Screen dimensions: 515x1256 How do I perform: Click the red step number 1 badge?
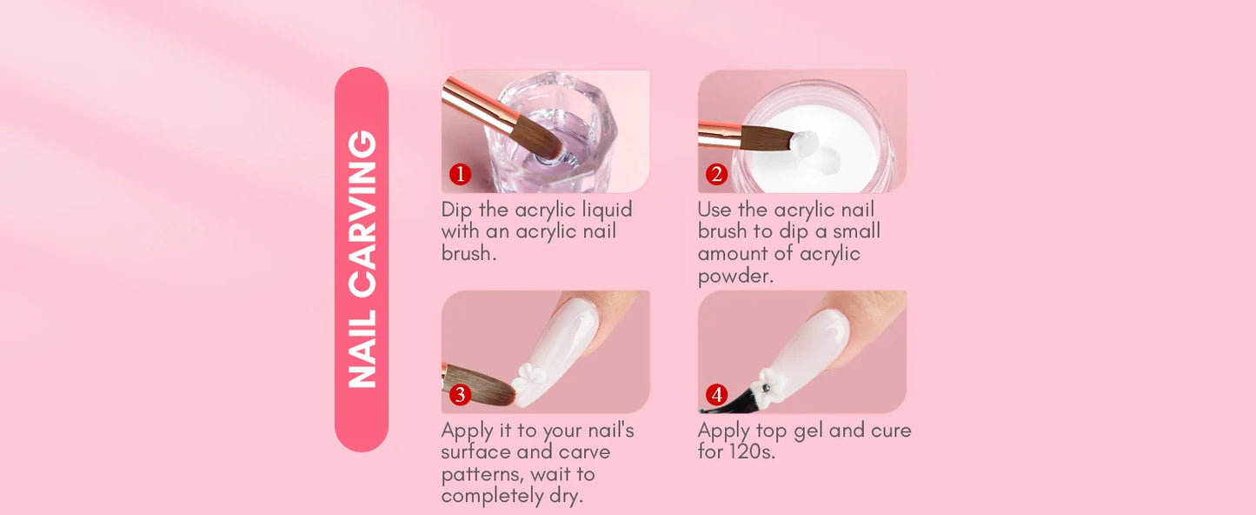pyautogui.click(x=460, y=175)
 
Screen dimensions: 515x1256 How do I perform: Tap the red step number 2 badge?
pyautogui.click(x=716, y=175)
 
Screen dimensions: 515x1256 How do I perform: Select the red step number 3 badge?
pyautogui.click(x=460, y=395)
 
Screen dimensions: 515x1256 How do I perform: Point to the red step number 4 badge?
pyautogui.click(x=716, y=395)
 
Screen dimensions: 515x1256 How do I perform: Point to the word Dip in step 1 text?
pyautogui.click(x=457, y=211)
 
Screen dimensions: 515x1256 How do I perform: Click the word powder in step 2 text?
pyautogui.click(x=734, y=277)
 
